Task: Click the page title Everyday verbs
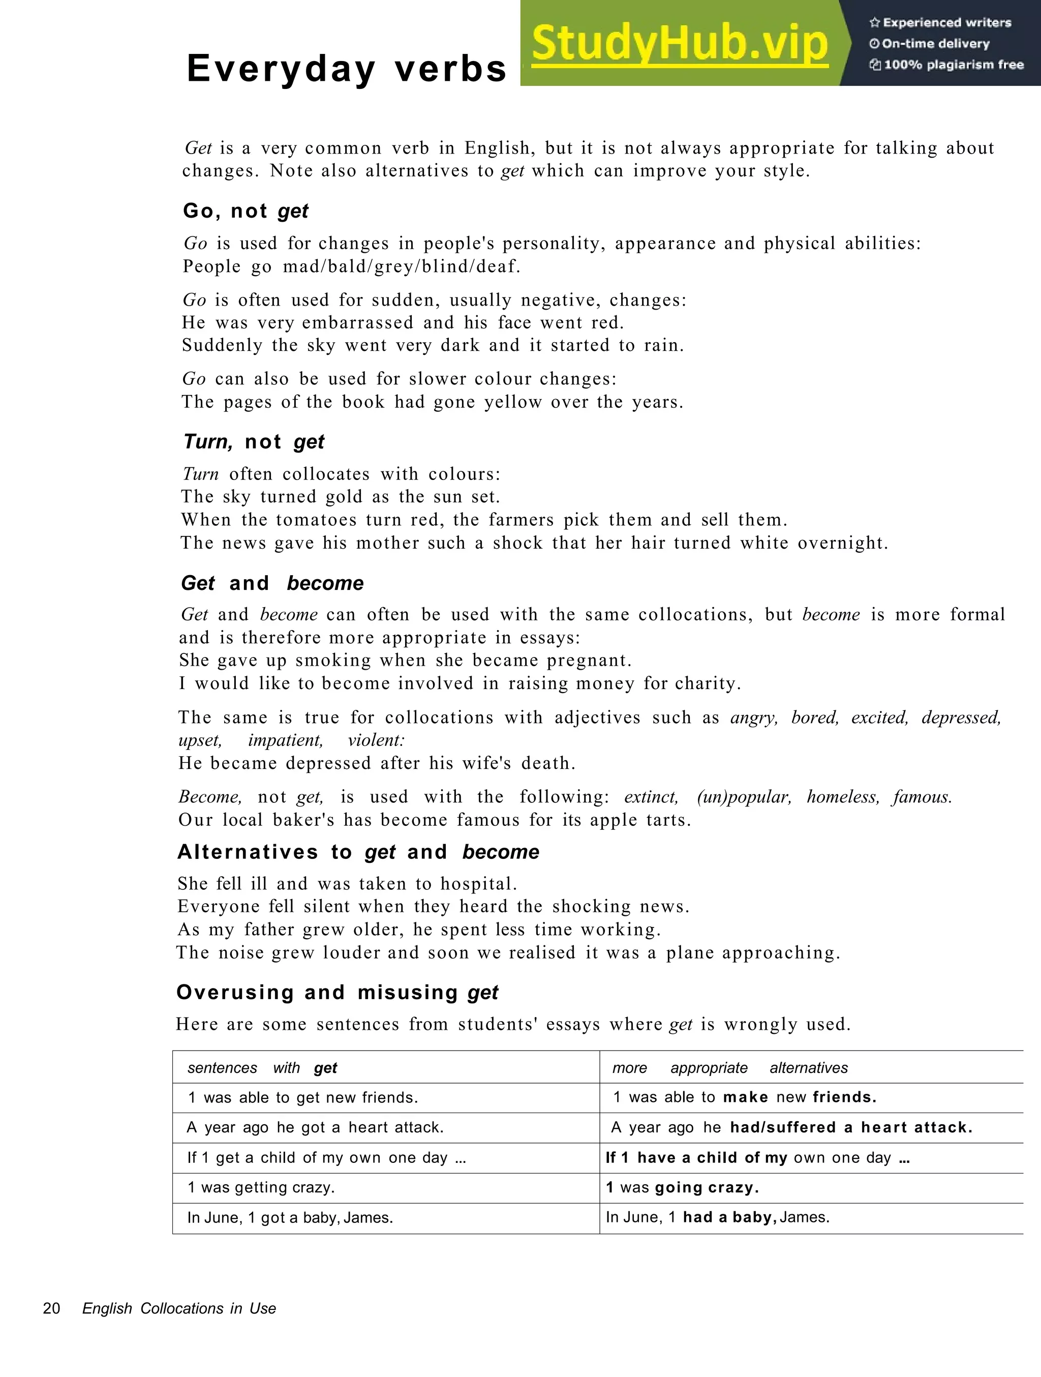click(347, 69)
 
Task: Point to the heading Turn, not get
click(253, 442)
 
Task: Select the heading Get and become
click(272, 583)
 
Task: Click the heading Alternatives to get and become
click(358, 852)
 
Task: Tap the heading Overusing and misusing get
click(337, 992)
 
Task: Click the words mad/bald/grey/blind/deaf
click(402, 266)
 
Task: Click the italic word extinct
click(651, 797)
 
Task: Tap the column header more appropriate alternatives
click(729, 1068)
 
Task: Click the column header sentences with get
click(262, 1068)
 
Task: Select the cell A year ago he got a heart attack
click(316, 1127)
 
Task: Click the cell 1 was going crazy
click(683, 1187)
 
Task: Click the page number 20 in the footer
click(52, 1308)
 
